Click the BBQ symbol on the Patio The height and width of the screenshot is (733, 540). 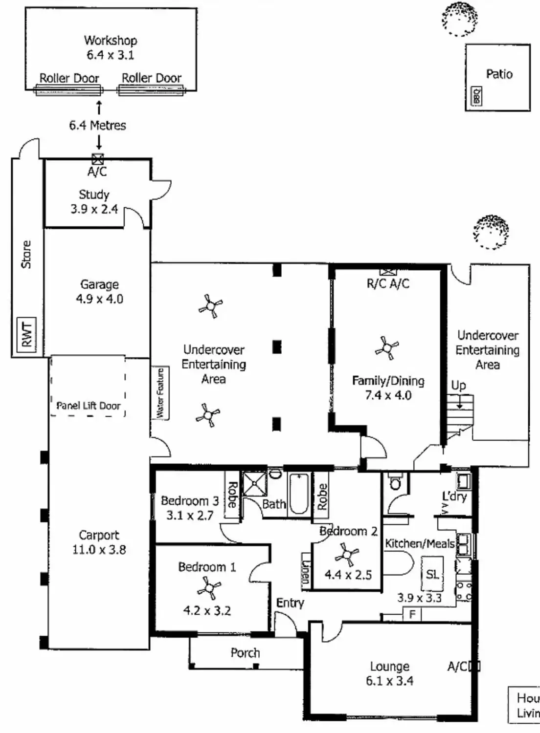pyautogui.click(x=476, y=96)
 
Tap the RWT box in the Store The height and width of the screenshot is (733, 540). pyautogui.click(x=26, y=334)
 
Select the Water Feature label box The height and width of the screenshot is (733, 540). pyautogui.click(x=160, y=393)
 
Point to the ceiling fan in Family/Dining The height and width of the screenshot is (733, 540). pyautogui.click(x=387, y=348)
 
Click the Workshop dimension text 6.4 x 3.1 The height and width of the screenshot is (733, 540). pyautogui.click(x=110, y=55)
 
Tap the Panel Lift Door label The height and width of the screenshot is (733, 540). pyautogui.click(x=88, y=406)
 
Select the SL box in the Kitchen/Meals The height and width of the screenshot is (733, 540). pyautogui.click(x=432, y=574)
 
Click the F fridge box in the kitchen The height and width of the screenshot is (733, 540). pyautogui.click(x=412, y=614)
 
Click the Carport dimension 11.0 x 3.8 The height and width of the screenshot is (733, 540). pyautogui.click(x=99, y=550)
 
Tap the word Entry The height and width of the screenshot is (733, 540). pyautogui.click(x=290, y=603)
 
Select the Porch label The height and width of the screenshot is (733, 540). pyautogui.click(x=245, y=653)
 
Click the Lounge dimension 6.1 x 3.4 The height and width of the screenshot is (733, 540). pyautogui.click(x=389, y=681)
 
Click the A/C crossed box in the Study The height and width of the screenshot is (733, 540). pyautogui.click(x=98, y=159)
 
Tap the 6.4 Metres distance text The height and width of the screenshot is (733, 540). pyautogui.click(x=97, y=126)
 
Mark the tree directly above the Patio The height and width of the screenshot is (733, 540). pyautogui.click(x=459, y=19)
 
